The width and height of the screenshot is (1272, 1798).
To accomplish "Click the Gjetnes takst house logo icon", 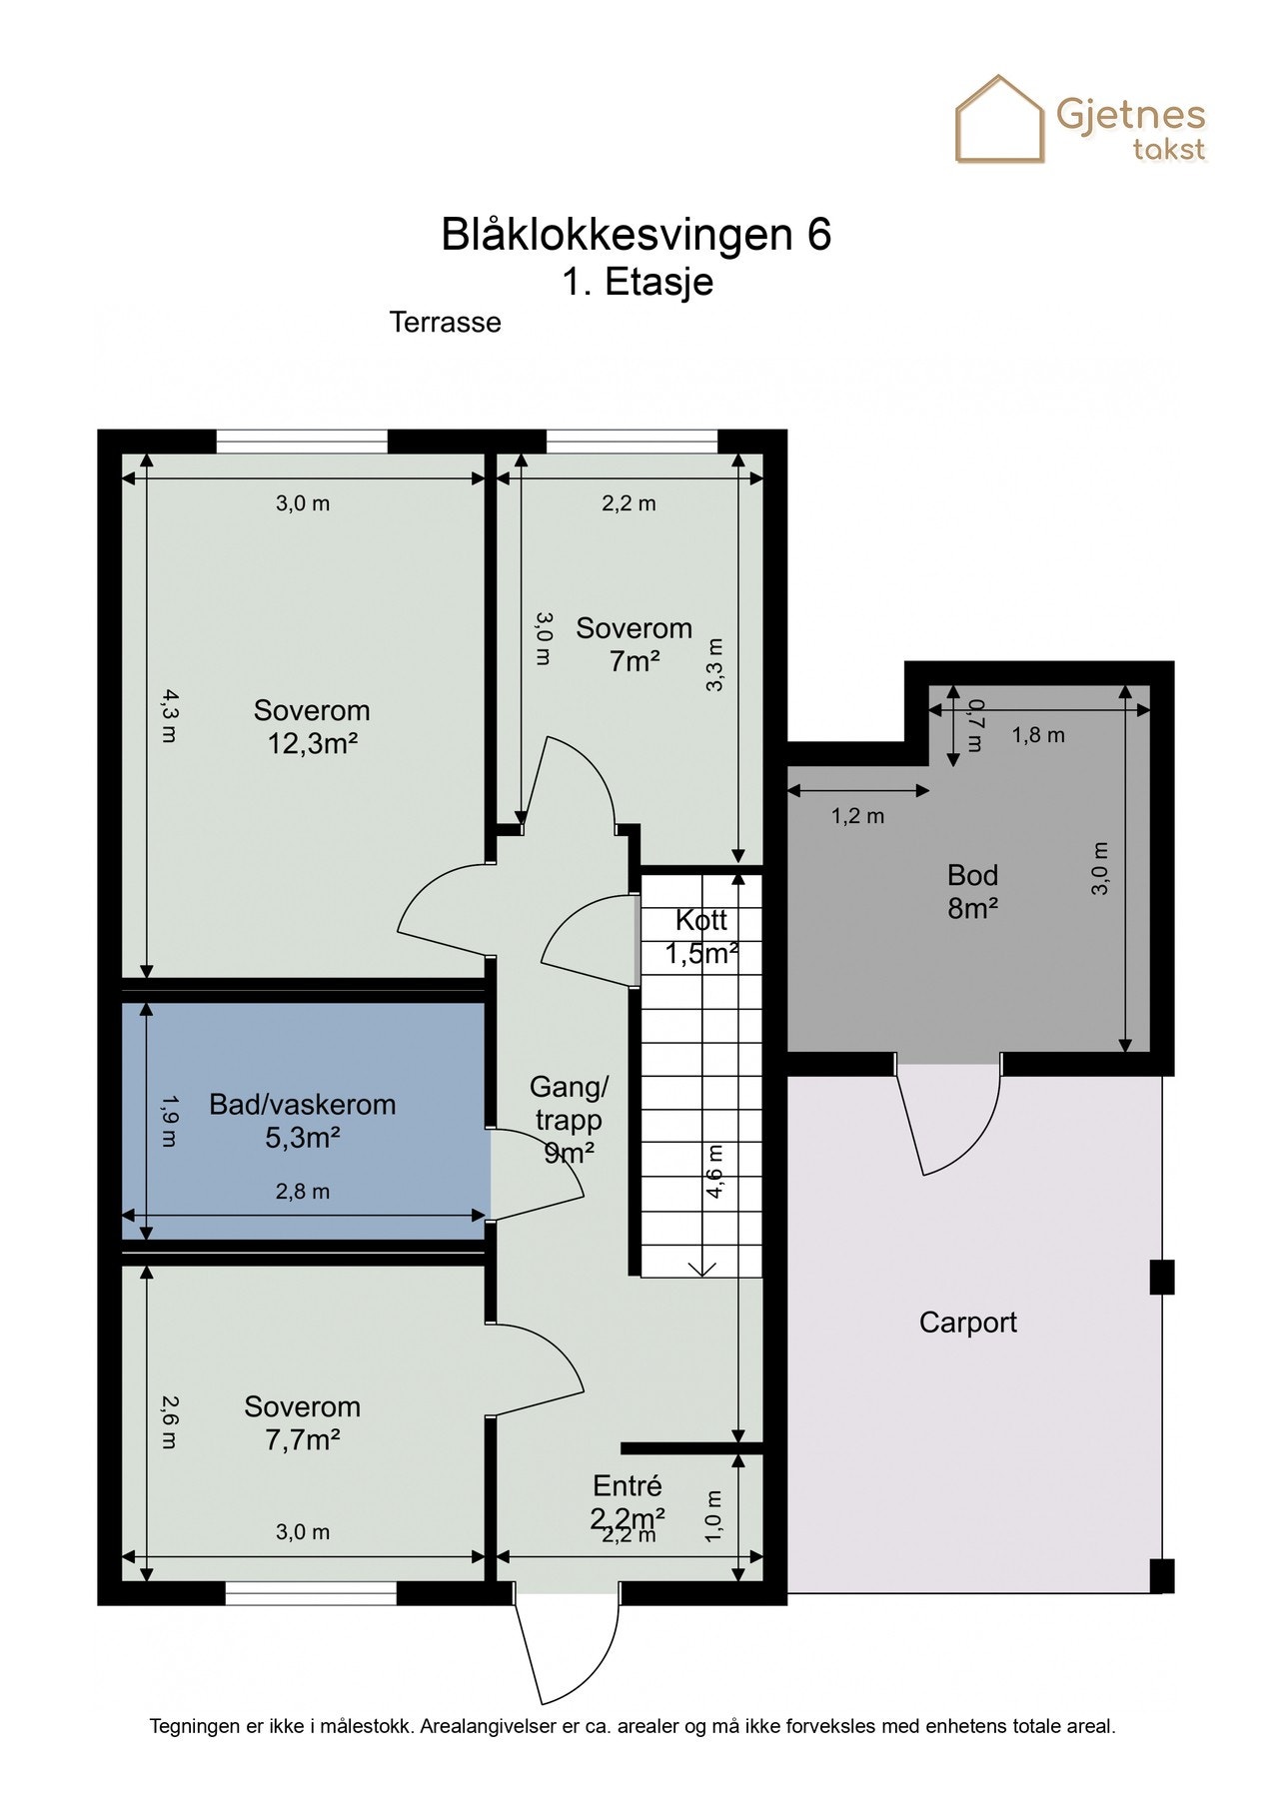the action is click(1000, 119).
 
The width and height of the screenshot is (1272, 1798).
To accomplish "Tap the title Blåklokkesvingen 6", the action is click(636, 235).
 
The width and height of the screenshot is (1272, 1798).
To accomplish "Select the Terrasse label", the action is click(446, 323).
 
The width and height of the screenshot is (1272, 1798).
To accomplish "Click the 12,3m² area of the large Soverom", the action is click(312, 743).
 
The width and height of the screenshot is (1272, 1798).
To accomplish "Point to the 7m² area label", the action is click(635, 661).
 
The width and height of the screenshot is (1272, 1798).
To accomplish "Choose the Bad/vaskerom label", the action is click(303, 1105).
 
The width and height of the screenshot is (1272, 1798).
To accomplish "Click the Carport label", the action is click(968, 1323).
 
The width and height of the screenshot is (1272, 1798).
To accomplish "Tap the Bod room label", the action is click(973, 876).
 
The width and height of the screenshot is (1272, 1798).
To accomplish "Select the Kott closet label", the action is click(701, 920).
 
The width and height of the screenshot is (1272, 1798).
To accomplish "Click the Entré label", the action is click(628, 1485).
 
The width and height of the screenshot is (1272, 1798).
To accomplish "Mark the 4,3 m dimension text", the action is click(169, 715).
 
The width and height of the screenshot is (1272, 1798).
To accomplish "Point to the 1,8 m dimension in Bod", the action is click(1038, 736).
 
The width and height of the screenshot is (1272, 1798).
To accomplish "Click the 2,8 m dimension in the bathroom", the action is click(303, 1192).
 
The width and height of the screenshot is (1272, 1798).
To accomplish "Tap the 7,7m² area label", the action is click(303, 1440).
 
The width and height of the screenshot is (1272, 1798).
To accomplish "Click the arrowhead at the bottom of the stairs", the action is click(702, 1269).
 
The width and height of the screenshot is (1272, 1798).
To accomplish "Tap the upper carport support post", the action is click(1162, 1278).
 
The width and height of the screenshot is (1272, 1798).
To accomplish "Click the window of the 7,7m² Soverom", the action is click(312, 1593).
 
